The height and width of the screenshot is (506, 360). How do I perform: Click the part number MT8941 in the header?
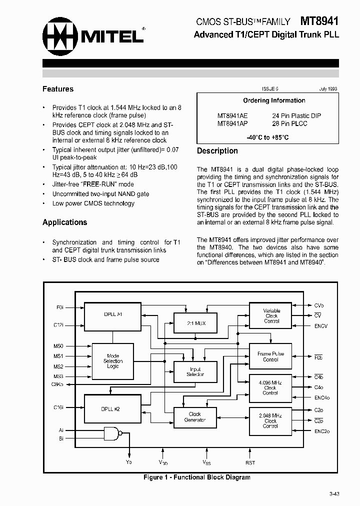(319, 21)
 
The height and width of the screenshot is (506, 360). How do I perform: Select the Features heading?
(58, 89)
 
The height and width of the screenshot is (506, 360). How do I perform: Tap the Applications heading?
(64, 222)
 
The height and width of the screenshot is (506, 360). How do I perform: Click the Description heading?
(217, 151)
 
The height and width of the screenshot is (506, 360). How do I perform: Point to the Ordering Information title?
(274, 100)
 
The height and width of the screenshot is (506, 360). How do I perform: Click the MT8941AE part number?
(232, 115)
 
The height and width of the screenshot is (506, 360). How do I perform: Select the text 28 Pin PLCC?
(289, 123)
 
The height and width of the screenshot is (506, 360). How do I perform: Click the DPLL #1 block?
(113, 314)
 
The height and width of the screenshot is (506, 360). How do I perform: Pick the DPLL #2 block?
(110, 408)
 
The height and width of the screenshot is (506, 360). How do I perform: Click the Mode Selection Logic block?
(113, 361)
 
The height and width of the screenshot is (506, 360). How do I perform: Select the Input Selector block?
(194, 372)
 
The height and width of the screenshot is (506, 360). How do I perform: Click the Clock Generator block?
(194, 417)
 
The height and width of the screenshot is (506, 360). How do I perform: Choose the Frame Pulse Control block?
(270, 356)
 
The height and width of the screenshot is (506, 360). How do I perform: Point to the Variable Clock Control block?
(271, 316)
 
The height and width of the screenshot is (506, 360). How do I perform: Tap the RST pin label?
(250, 463)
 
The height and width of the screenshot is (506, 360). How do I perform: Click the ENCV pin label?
(321, 326)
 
